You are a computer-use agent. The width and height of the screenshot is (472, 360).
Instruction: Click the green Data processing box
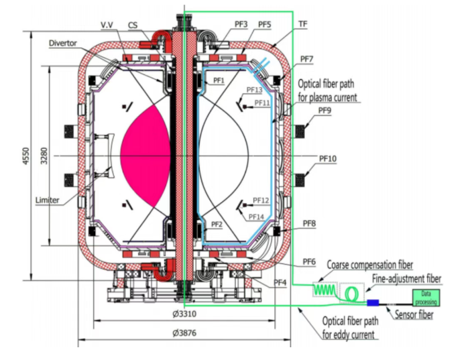[x=426, y=298]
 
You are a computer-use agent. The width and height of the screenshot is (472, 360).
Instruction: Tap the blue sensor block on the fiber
[x=373, y=302]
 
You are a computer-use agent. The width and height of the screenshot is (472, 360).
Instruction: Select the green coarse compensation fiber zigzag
[x=324, y=290]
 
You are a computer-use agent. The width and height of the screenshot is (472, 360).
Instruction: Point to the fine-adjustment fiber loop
[x=351, y=294]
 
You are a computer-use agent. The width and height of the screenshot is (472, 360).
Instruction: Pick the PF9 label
[x=324, y=111]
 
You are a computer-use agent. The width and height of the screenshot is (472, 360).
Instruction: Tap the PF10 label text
[x=327, y=159]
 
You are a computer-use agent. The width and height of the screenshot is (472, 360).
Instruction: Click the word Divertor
[x=63, y=44]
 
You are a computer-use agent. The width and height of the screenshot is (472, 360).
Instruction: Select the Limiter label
[x=47, y=200]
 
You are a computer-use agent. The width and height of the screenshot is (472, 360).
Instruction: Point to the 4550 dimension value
[x=27, y=156]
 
